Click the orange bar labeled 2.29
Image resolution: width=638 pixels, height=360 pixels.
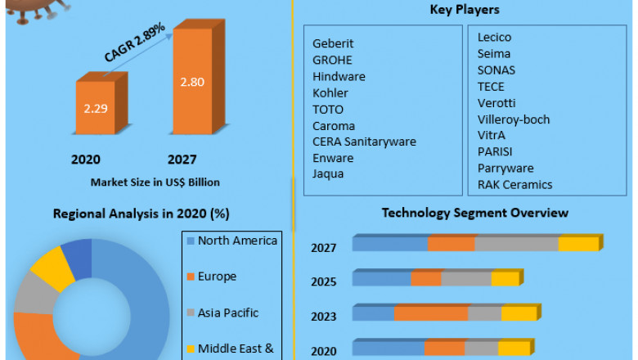95,107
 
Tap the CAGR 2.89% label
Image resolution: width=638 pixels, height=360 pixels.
135,43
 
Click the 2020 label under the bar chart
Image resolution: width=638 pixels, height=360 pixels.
86,160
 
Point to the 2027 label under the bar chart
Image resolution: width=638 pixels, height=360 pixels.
182,160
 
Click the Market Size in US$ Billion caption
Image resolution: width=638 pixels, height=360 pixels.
155,182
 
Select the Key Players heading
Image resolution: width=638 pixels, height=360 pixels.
465,10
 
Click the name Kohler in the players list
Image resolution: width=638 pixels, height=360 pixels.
330,93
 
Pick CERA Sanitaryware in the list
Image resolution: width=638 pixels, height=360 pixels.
364,142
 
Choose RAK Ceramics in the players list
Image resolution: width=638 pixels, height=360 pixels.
514,185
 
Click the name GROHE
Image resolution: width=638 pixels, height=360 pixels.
332,61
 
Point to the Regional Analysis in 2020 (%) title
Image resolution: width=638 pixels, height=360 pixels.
141,214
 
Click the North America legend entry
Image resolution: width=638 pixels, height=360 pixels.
237,241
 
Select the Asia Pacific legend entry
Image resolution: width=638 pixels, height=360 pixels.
227,313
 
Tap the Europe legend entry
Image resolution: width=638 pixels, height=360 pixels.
217,277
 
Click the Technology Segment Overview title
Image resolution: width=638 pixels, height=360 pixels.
474,213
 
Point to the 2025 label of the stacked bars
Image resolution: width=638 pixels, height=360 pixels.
323,282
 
